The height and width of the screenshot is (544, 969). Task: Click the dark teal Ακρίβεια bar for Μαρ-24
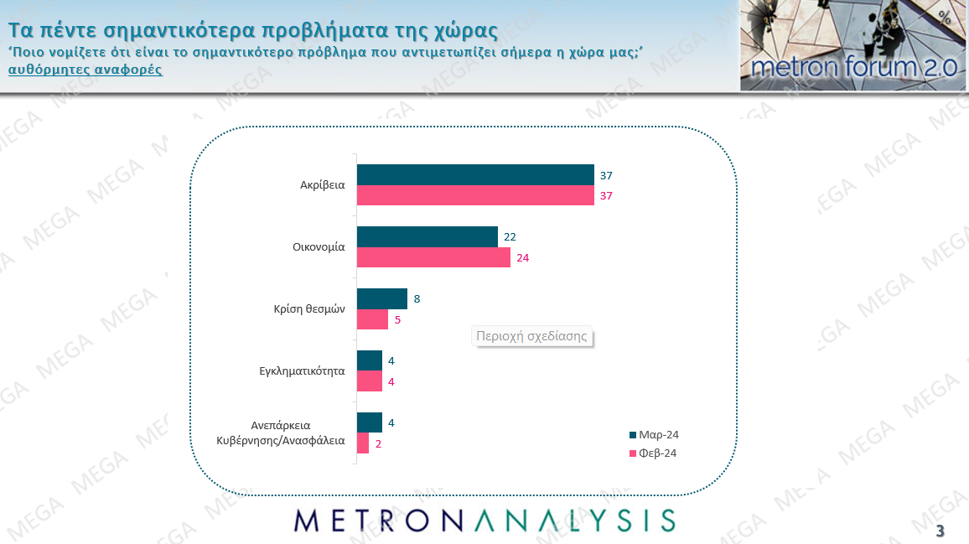point(475,174)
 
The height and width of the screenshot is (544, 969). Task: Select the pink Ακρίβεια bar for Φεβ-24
point(475,195)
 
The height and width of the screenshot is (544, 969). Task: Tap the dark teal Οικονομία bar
point(427,236)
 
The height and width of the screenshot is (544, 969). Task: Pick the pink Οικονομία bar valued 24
point(433,257)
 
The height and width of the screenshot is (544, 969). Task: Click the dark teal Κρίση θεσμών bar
point(382,298)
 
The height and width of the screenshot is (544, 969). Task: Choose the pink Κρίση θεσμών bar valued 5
point(373,319)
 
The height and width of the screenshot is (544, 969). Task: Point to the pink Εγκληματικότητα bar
point(370,381)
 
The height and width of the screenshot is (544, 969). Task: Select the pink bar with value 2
point(363,443)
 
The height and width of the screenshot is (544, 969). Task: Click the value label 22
point(510,237)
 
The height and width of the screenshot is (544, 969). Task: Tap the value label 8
point(417,298)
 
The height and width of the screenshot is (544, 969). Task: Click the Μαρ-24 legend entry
point(653,435)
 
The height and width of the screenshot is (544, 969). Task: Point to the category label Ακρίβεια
point(323,185)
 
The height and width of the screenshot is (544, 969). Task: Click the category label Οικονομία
point(319,247)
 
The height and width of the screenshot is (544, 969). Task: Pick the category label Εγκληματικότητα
point(303,370)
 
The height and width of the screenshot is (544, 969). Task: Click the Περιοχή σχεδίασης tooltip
point(532,336)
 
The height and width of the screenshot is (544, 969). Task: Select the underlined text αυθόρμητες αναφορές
point(85,70)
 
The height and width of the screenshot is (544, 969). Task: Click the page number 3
point(940,531)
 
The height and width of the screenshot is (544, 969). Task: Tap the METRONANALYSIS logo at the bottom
point(484,520)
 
